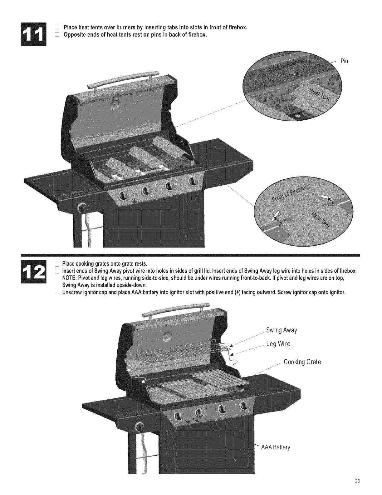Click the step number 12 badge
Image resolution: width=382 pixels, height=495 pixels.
tap(33, 272)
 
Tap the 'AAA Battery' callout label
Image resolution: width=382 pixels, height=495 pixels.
tap(276, 447)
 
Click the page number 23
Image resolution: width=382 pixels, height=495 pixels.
tap(357, 481)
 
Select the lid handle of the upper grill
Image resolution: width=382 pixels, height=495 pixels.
tap(123, 79)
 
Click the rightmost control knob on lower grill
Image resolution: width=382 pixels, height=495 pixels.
tap(243, 405)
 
